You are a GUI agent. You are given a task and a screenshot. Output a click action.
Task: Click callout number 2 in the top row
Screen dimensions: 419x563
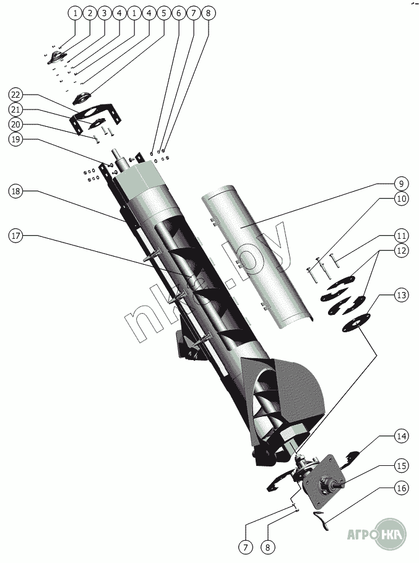[89, 12]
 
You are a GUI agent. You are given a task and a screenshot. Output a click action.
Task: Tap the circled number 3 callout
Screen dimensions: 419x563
[104, 12]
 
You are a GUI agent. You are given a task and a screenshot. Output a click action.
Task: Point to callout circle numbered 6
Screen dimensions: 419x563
[178, 12]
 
